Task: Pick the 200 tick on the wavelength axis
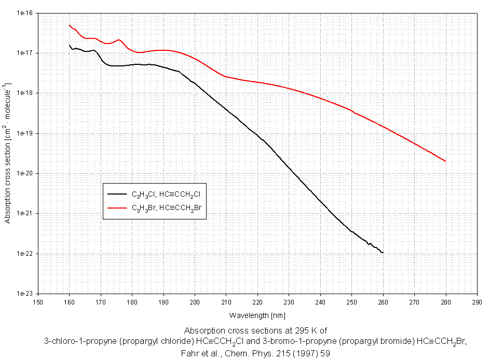tap(195, 301)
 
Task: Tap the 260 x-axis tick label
tap(383, 301)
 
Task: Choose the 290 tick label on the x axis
tap(477, 301)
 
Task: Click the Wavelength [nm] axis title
tap(257, 315)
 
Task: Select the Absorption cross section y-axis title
tap(8, 153)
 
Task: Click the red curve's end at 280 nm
tap(445, 161)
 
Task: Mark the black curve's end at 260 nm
tap(383, 253)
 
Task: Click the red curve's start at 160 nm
tap(70, 24)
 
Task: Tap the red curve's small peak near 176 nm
tap(119, 40)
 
